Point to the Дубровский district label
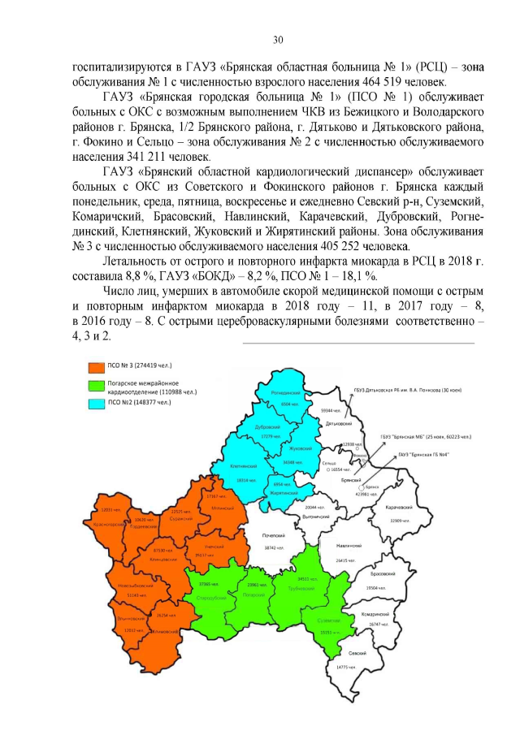pos(267,427)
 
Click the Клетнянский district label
pos(243,467)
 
